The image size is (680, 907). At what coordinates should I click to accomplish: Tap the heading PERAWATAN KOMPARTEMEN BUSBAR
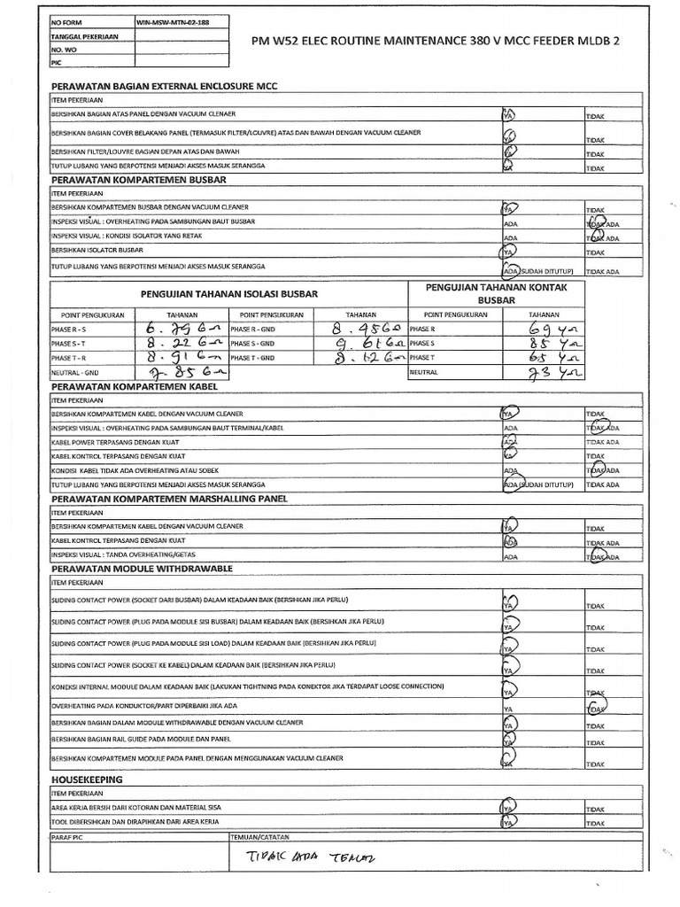[139, 180]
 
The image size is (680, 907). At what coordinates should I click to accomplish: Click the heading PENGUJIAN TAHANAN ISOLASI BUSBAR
[229, 293]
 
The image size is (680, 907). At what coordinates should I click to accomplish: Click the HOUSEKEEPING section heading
[87, 779]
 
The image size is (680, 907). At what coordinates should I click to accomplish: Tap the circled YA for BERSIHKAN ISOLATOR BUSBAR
[508, 252]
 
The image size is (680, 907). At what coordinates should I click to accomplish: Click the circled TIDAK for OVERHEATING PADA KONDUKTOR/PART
[595, 709]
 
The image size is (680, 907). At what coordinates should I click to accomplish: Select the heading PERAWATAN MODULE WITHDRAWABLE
[142, 567]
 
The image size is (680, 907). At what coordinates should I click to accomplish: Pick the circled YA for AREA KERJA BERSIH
[508, 808]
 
